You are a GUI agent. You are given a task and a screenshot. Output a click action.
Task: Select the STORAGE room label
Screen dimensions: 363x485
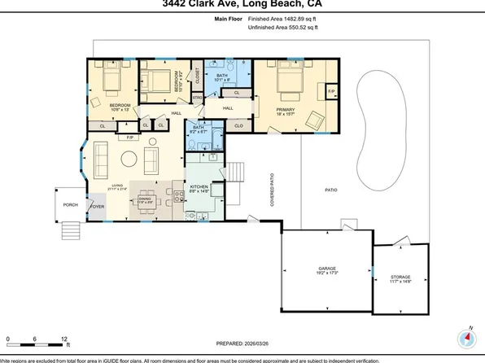[x=400, y=277]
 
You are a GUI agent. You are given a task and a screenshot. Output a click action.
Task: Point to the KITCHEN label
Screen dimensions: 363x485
[x=200, y=187]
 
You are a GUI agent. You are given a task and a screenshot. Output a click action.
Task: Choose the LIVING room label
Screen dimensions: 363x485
[x=118, y=187]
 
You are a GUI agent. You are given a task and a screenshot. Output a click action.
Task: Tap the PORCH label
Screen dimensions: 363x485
[x=71, y=204]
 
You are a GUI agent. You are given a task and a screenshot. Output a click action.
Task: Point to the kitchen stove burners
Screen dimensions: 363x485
[x=173, y=195]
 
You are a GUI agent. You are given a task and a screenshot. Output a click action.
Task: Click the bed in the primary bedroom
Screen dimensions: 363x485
[x=289, y=83]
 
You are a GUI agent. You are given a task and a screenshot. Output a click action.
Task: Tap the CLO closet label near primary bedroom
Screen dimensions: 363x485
[x=238, y=125]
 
